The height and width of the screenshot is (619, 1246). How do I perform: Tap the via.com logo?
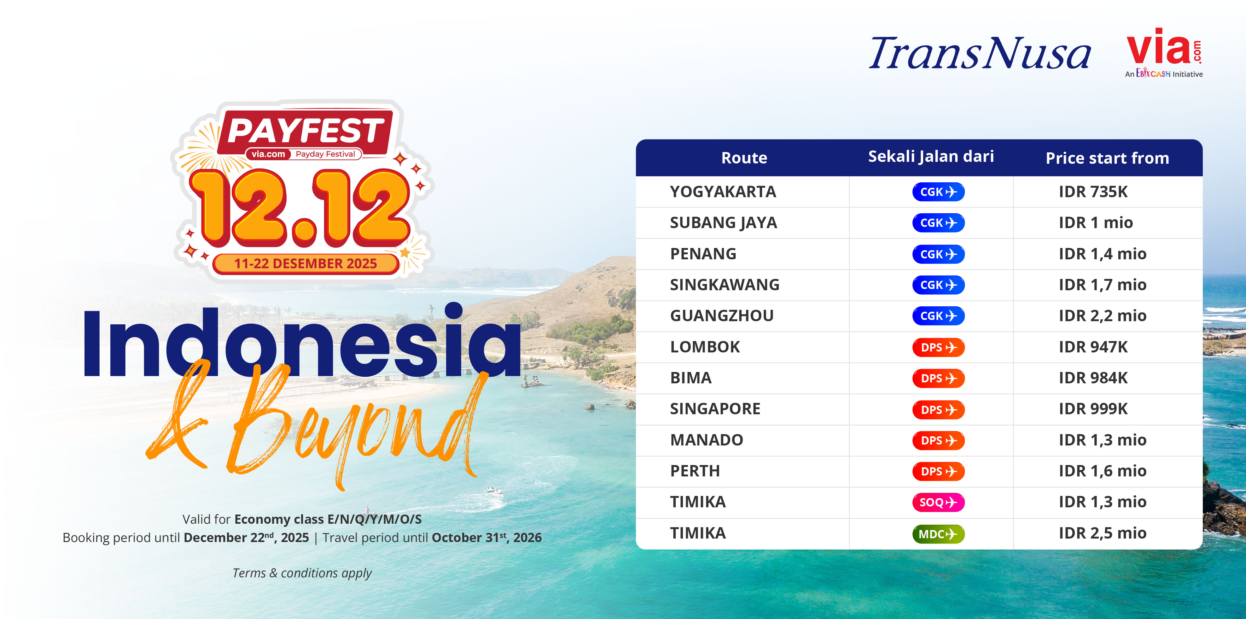(1164, 53)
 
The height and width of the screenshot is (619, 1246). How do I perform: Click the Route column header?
(744, 158)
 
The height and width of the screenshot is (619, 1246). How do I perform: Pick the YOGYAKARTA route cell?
(723, 192)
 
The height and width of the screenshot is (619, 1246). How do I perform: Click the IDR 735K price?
(1093, 192)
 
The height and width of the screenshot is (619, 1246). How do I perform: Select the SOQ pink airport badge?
(938, 502)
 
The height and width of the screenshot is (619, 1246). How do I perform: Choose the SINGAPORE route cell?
(715, 409)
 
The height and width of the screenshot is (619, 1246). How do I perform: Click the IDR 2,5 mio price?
(1102, 533)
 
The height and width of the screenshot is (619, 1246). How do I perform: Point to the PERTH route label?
(695, 471)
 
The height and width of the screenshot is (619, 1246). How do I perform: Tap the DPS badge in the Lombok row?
(938, 347)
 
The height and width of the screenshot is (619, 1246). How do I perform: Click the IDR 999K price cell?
(1093, 409)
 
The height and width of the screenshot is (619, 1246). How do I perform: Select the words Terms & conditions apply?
(302, 573)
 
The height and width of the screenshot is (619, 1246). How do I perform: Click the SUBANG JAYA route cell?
(724, 223)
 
